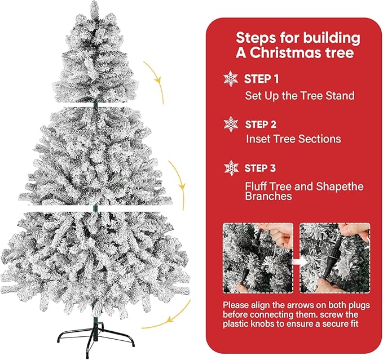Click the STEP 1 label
tap(262, 79)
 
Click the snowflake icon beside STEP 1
tap(231, 78)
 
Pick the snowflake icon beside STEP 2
tap(231, 123)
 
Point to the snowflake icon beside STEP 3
tap(231, 167)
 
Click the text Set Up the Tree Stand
tap(300, 96)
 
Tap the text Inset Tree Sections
tap(293, 139)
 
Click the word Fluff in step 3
tap(257, 186)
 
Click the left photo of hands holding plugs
tap(258, 257)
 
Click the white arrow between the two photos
tap(296, 261)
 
